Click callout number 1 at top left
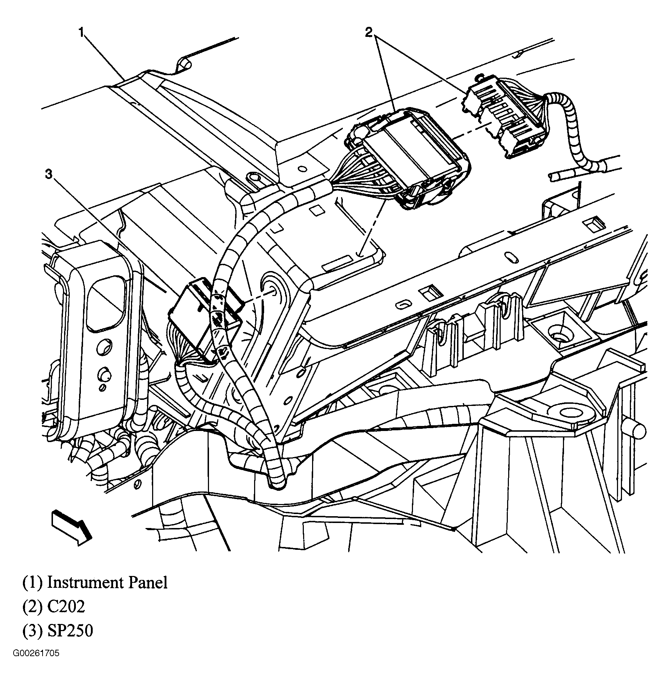point(82,33)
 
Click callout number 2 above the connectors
point(369,33)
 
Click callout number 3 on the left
point(49,174)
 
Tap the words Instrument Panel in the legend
point(107,582)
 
